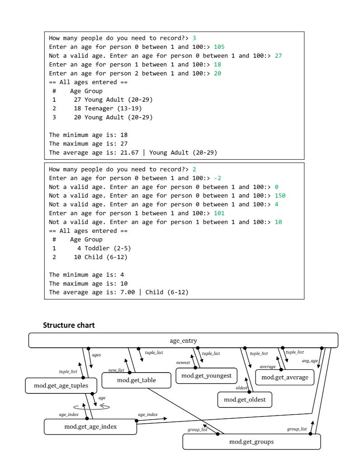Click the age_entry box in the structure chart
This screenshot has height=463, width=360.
[183, 340]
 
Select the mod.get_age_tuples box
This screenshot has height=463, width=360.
[61, 386]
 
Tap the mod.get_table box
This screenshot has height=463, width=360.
[136, 380]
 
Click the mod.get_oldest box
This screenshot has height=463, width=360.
[248, 399]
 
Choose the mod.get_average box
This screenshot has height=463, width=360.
[285, 377]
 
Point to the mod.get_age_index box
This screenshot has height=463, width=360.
[90, 426]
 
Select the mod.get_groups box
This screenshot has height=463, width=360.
[251, 441]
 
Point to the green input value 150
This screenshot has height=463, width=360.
[280, 195]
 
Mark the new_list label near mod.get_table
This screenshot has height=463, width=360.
[116, 370]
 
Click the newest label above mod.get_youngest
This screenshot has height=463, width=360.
[183, 363]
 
